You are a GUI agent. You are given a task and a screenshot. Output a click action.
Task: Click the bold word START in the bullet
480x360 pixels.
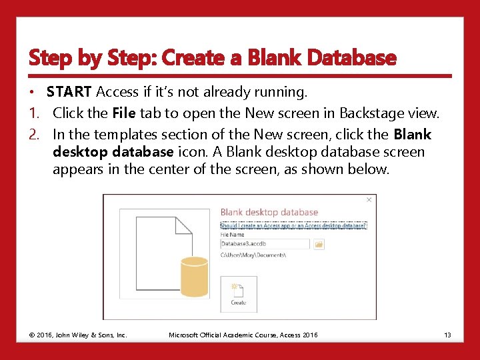coord(70,92)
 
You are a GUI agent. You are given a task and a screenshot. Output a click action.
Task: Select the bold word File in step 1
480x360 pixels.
coord(125,113)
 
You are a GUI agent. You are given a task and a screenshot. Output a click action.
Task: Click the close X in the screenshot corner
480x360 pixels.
coord(369,199)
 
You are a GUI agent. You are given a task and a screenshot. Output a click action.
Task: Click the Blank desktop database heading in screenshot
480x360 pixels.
coord(269,213)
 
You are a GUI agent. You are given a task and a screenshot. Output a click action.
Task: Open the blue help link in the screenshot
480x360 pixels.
coord(293,225)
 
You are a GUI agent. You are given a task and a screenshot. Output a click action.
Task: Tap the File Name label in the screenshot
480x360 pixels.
coord(232,235)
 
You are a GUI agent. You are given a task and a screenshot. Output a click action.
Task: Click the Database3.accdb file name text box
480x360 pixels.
coord(265,245)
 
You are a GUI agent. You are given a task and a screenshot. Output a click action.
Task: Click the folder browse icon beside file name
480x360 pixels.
coord(319,245)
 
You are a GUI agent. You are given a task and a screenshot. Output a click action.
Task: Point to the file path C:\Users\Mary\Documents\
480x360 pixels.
coord(254,255)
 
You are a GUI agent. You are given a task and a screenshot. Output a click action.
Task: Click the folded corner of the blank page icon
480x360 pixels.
coord(183,225)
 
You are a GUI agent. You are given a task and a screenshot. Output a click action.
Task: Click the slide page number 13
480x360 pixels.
coord(447,335)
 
